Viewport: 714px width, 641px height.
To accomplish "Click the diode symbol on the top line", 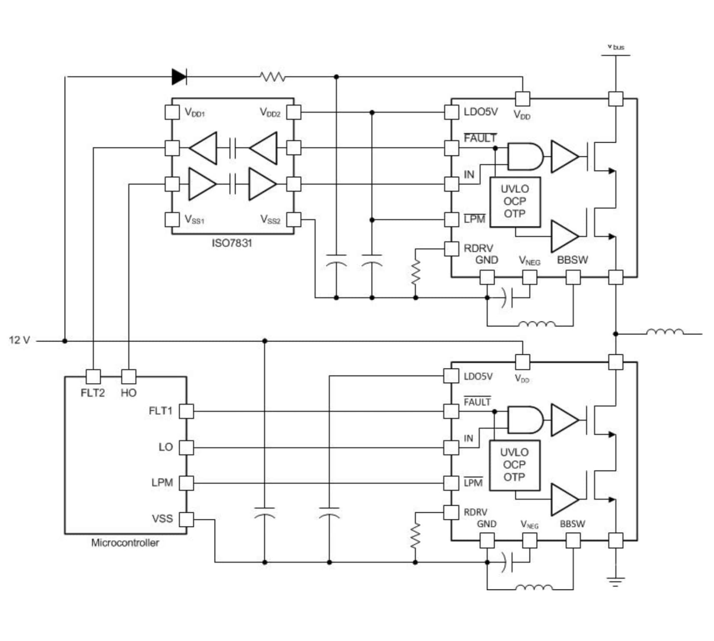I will (179, 77).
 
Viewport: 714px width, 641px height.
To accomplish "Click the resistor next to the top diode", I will (272, 77).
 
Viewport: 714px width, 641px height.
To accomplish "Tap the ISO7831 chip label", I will (232, 243).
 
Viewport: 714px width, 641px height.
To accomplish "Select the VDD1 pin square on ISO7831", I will (172, 112).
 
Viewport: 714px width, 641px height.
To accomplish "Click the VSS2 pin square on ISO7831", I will (294, 220).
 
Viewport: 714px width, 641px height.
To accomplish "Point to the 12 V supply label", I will (19, 341).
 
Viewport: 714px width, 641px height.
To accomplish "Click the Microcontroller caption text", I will (125, 543).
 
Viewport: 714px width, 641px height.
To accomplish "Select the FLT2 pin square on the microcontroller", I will (93, 377).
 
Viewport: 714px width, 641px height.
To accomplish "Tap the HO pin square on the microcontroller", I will (128, 377).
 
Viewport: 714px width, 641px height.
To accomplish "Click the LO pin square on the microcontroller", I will (186, 448).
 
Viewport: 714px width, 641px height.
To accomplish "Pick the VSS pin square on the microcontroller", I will (186, 519).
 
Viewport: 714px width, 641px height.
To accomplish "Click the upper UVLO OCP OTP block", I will (515, 202).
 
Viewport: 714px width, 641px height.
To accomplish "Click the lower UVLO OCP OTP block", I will (514, 465).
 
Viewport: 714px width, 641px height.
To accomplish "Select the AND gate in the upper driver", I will (525, 157).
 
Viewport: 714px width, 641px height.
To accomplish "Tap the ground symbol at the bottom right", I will (615, 581).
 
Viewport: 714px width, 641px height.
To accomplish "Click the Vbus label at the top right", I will (616, 47).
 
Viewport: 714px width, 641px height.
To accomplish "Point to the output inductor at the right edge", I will (664, 332).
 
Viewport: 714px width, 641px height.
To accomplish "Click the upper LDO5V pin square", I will (452, 112).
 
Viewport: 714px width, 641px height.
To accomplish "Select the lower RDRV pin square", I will (451, 512).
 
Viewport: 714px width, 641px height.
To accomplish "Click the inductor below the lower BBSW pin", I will (534, 588).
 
